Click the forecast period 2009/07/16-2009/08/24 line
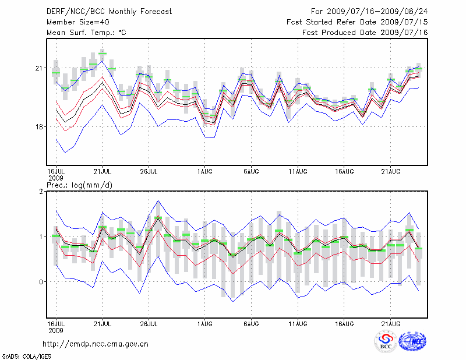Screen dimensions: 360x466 coord(369,11)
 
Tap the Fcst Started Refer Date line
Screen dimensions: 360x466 coord(357,22)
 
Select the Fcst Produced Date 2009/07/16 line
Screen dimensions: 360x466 coord(365,33)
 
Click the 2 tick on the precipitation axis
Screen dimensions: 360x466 coord(41,192)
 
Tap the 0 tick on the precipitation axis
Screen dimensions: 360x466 coord(41,282)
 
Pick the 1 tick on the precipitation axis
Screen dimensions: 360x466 coord(41,237)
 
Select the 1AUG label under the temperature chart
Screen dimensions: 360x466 coord(204,172)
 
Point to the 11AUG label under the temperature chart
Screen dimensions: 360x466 coord(298,172)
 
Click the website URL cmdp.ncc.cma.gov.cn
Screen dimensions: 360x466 coord(96,344)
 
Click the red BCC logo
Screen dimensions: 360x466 coord(385,341)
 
